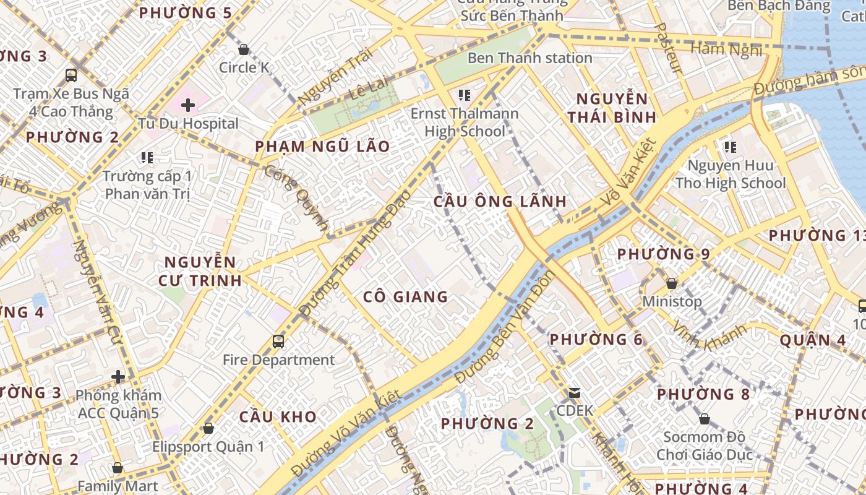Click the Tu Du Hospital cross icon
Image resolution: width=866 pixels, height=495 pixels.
coord(188,105)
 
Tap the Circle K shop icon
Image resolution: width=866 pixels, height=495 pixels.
coord(244,49)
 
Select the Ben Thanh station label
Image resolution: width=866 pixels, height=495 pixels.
coord(529,58)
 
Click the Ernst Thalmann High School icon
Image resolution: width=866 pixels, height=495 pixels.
coord(464,95)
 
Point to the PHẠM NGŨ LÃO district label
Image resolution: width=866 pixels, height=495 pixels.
coord(323,147)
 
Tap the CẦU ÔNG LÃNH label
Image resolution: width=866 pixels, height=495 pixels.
coord(500,201)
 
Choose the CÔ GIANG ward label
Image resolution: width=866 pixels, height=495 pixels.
coord(405,297)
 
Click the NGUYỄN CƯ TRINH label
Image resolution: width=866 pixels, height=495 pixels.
coord(200,271)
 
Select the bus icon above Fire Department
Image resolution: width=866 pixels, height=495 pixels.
coord(278,341)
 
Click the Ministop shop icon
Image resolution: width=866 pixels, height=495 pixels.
coord(671,283)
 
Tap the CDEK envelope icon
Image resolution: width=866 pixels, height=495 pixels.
coord(575,393)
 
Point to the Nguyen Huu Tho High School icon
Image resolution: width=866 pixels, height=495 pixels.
coord(730,147)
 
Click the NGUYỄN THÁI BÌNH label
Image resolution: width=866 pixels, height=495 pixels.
coord(612,108)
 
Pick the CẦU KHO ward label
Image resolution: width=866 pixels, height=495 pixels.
coord(278,417)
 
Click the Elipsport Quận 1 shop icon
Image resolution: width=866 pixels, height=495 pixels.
coord(208,428)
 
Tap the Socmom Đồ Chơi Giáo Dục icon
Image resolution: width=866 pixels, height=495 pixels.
coord(704,420)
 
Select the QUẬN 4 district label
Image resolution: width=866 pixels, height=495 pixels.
coord(812,340)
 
